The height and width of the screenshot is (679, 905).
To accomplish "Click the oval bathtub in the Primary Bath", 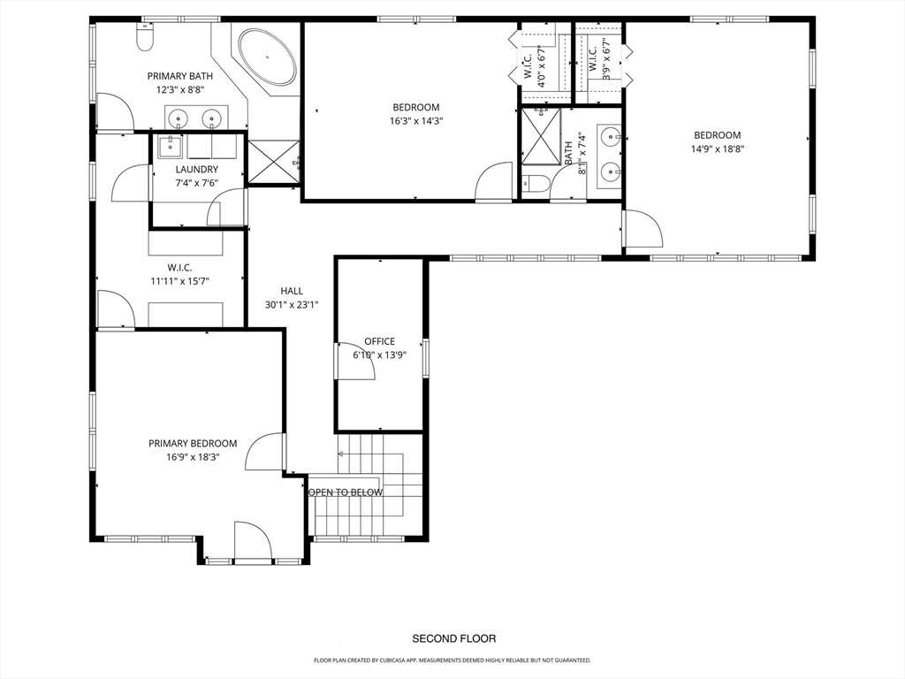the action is (267, 57).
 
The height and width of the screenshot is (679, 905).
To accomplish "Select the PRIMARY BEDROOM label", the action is (193, 444).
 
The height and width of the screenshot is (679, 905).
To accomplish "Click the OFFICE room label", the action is (380, 341).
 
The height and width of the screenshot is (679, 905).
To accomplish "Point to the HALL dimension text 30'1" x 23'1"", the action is (292, 305).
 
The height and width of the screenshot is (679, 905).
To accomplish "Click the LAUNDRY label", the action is (197, 169).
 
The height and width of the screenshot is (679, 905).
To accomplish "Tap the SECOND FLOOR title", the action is (454, 638).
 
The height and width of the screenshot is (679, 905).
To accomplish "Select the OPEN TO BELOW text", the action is (346, 492).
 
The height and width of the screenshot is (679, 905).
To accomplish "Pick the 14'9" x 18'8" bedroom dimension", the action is (718, 149).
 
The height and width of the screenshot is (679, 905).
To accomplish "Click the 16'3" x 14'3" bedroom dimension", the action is (416, 121).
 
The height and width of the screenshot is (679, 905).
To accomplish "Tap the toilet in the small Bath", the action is (533, 183).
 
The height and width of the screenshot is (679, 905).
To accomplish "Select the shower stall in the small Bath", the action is (541, 136).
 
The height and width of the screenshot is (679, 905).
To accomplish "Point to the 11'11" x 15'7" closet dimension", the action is (179, 282).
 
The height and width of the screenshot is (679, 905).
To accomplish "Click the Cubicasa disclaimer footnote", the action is (452, 660).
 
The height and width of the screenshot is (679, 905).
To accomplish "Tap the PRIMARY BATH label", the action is (180, 76).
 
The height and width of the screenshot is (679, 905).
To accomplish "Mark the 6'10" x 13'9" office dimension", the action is (380, 355).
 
